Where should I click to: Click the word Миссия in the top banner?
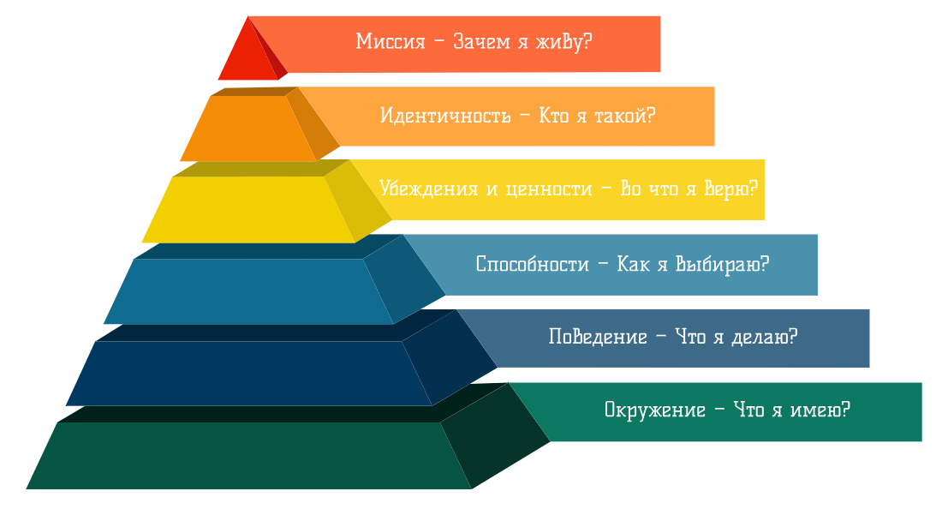[390, 42]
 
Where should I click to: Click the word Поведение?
[597, 337]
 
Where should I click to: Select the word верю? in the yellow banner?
[730, 189]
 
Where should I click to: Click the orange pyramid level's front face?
[247, 129]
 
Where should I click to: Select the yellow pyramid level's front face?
[247, 209]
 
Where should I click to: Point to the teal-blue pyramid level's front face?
[247, 291]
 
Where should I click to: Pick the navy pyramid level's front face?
[247, 374]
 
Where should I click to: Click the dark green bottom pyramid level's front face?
[247, 456]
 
